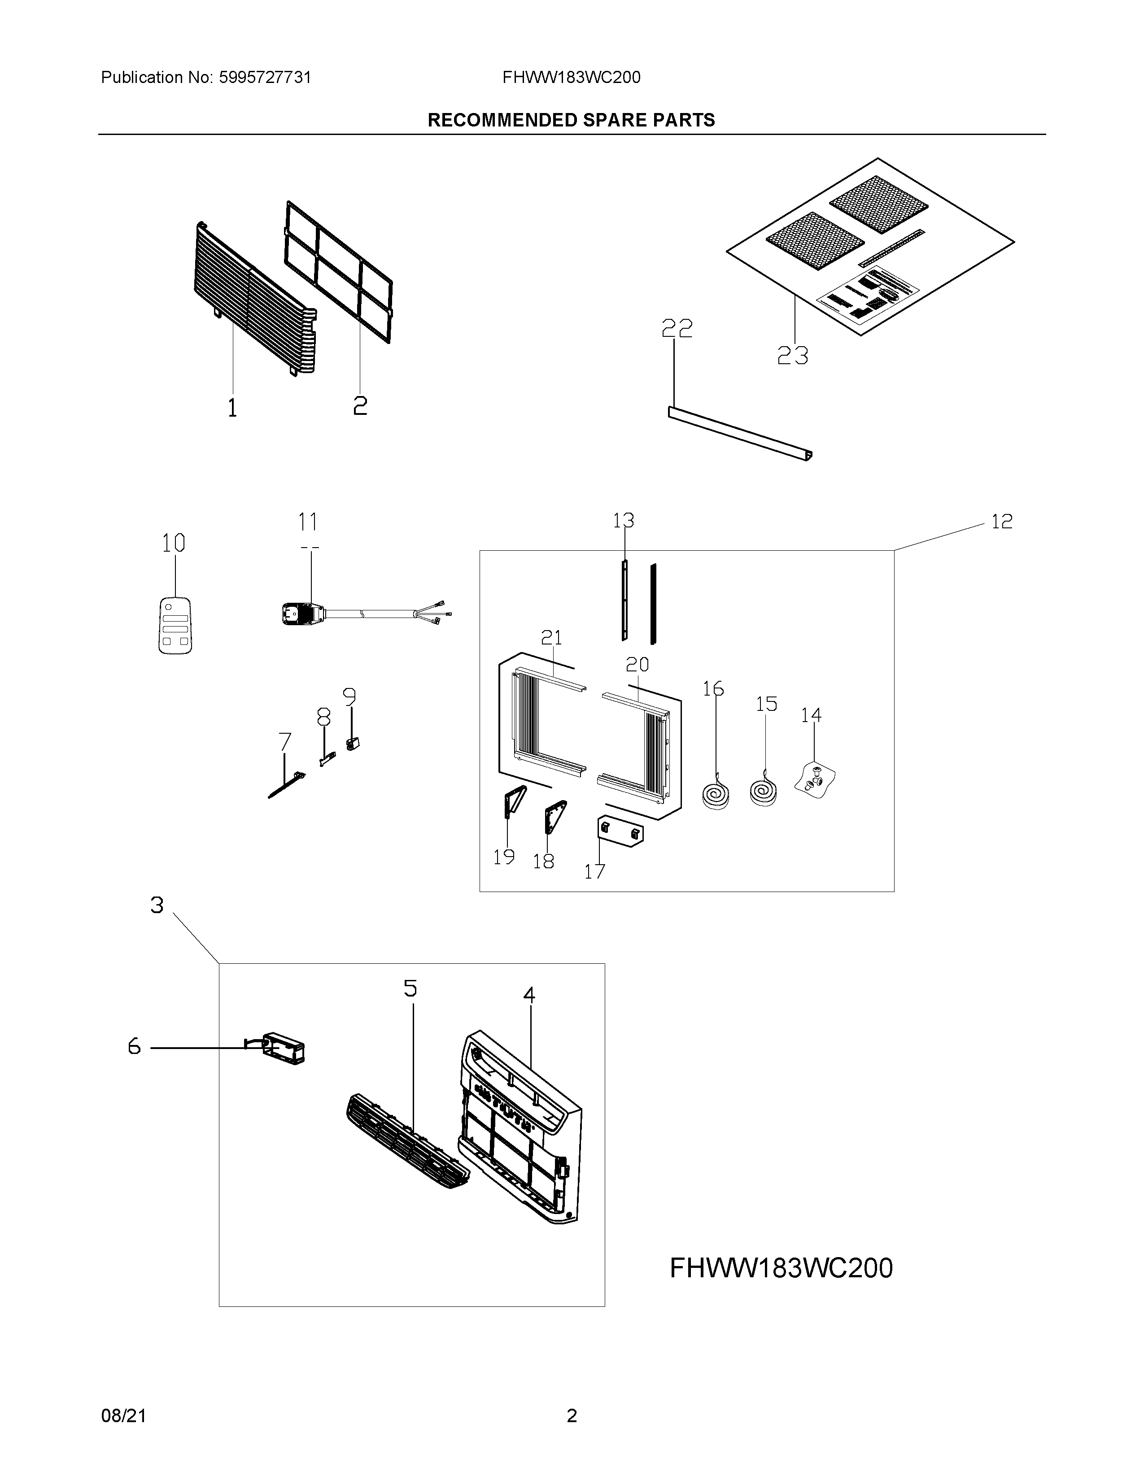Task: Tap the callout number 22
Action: [677, 329]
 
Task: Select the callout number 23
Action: [792, 356]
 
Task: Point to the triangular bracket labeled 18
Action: [555, 817]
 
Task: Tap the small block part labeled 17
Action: [620, 832]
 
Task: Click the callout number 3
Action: [157, 905]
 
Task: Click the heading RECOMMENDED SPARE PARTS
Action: [571, 120]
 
